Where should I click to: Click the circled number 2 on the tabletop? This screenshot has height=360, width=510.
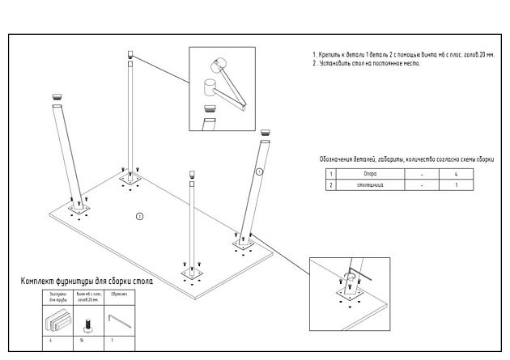(x=139, y=216)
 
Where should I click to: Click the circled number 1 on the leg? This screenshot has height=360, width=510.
(x=258, y=172)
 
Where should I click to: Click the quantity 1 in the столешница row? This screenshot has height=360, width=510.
(x=457, y=185)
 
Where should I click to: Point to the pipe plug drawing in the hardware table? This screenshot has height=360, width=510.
(x=56, y=322)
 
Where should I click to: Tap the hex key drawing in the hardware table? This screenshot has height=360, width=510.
(x=118, y=321)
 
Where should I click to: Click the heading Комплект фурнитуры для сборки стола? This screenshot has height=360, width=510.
(x=87, y=282)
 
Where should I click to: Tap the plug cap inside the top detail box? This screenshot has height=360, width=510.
(x=210, y=104)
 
